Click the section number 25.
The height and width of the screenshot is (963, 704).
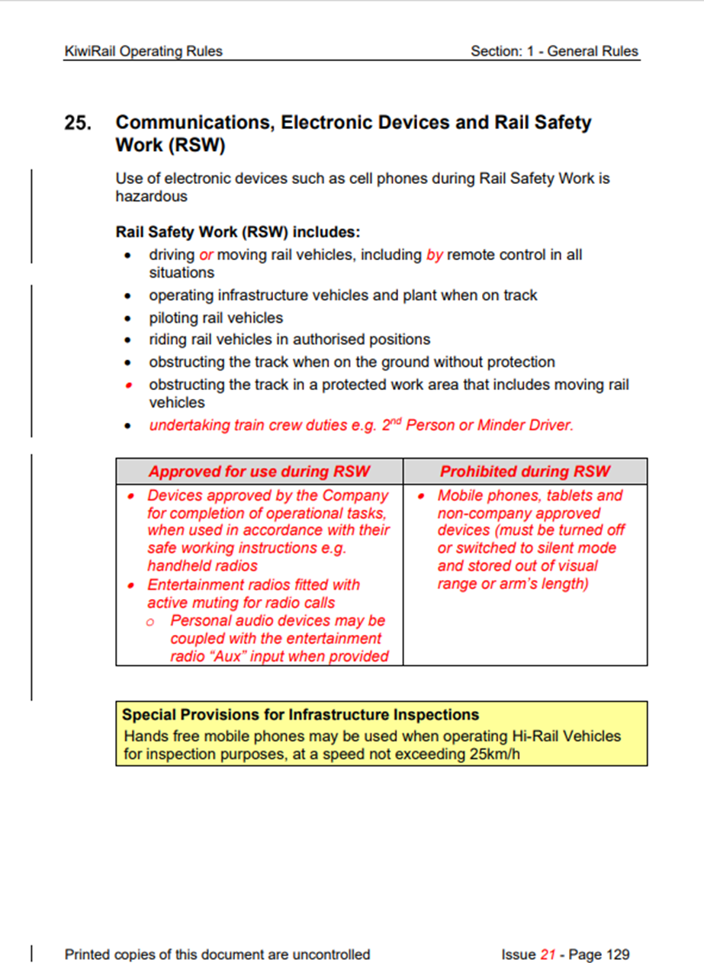[78, 124]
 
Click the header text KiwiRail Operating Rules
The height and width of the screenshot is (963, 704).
[143, 52]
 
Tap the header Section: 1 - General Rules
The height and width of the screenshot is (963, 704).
[555, 52]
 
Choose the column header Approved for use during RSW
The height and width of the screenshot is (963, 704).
[259, 471]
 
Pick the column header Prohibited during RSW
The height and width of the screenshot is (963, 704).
[525, 471]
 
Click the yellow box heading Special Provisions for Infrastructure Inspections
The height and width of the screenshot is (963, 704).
[301, 715]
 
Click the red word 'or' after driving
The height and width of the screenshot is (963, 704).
[206, 255]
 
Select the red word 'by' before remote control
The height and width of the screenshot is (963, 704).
[435, 255]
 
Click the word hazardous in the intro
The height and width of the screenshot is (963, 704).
[151, 196]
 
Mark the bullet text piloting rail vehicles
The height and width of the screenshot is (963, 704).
[216, 317]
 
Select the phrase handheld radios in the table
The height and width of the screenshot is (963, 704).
[202, 566]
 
